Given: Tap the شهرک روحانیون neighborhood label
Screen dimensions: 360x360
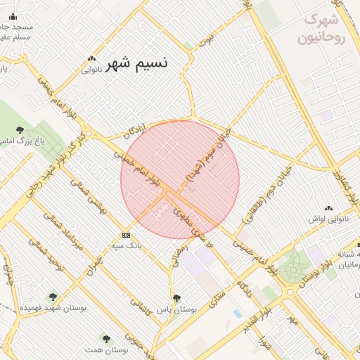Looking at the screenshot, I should coord(323,29).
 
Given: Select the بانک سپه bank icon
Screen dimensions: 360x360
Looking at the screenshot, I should coord(126,235).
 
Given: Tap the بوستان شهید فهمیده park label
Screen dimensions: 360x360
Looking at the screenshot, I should coord(53,308).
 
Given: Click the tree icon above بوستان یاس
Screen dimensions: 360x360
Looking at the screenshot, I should coord(176,297).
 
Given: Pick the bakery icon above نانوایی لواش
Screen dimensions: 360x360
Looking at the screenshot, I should coord(329,208).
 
